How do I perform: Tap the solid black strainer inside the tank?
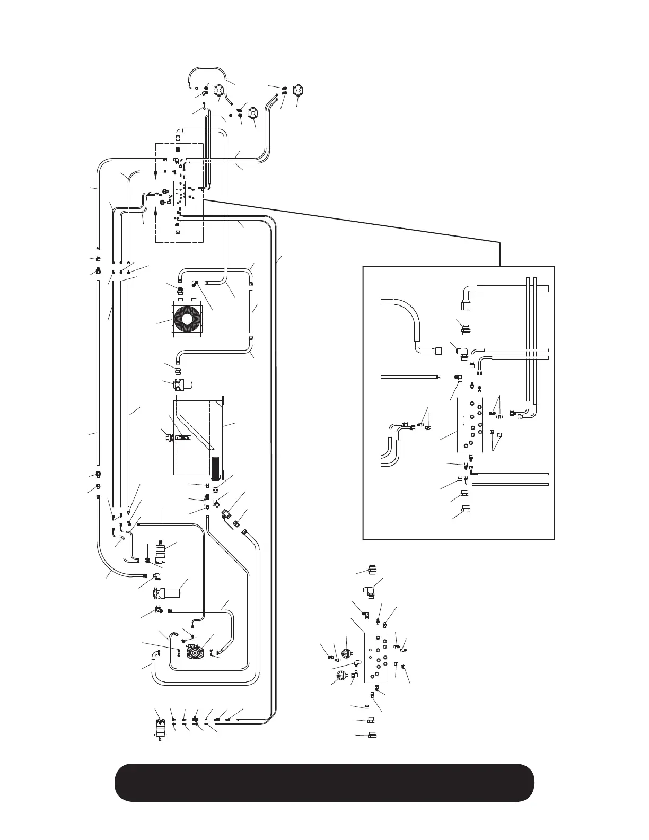[215, 467]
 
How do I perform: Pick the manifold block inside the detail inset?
[470, 426]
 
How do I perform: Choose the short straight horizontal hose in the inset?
[409, 377]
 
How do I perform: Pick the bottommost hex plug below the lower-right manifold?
[372, 736]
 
